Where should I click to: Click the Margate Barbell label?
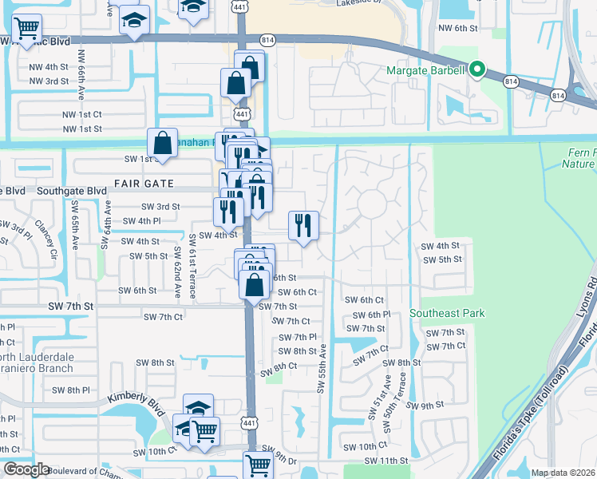[x=425, y=70]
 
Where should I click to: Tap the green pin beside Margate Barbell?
[x=477, y=69]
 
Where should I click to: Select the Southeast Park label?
[x=447, y=314]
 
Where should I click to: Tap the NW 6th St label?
[x=457, y=28]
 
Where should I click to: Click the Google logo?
[x=26, y=469]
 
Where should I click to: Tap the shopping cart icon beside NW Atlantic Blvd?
[x=27, y=29]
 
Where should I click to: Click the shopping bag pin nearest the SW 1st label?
[x=162, y=144]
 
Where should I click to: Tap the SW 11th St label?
[x=385, y=461]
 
